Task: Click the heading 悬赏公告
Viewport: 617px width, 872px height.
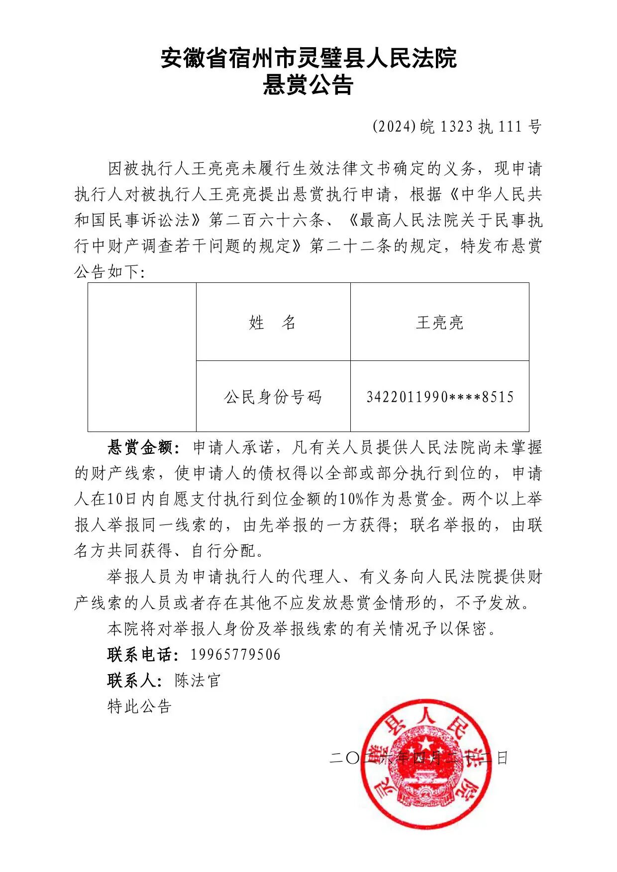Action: [308, 85]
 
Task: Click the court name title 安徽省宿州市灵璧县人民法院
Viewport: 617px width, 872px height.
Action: [308, 59]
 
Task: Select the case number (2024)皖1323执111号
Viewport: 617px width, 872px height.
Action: [457, 127]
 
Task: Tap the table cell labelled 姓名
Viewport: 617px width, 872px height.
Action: [273, 323]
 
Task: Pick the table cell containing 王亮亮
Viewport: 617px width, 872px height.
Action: [439, 323]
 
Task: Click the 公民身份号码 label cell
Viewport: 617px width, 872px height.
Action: [273, 397]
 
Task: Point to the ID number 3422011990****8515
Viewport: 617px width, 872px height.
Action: [440, 397]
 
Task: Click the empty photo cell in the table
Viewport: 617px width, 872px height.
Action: [142, 357]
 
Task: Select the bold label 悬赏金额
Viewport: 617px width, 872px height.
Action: [140, 447]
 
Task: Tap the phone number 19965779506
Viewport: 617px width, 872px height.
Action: [235, 654]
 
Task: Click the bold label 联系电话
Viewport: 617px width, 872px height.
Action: [140, 654]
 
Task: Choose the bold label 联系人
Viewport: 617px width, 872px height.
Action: [132, 680]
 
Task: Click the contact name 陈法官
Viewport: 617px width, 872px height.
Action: [198, 680]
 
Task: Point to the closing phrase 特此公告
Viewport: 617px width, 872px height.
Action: [139, 706]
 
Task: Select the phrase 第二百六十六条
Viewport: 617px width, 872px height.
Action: [267, 220]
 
